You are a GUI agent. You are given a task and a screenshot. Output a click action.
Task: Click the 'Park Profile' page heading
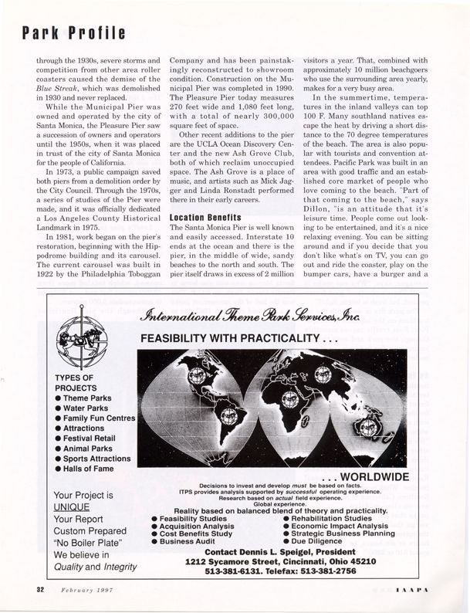73,32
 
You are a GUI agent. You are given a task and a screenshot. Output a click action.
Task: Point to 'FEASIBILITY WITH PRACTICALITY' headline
235,340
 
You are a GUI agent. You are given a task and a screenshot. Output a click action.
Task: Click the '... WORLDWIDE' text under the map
364,476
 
